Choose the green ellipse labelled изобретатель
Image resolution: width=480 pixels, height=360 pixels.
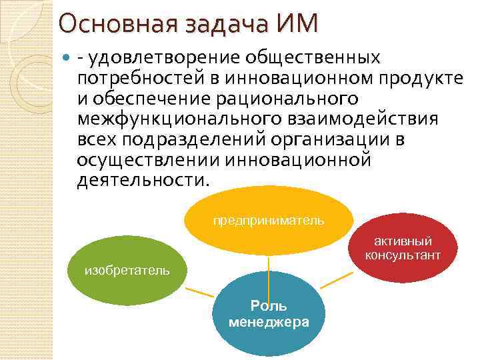(x=127, y=270)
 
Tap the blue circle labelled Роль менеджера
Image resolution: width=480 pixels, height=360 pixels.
(x=269, y=313)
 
